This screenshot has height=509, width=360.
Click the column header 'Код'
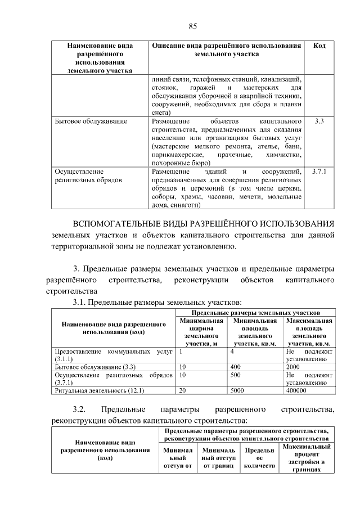click(319, 46)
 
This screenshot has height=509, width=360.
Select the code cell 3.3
click(319, 121)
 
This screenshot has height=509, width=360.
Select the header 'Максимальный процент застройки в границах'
click(307, 458)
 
